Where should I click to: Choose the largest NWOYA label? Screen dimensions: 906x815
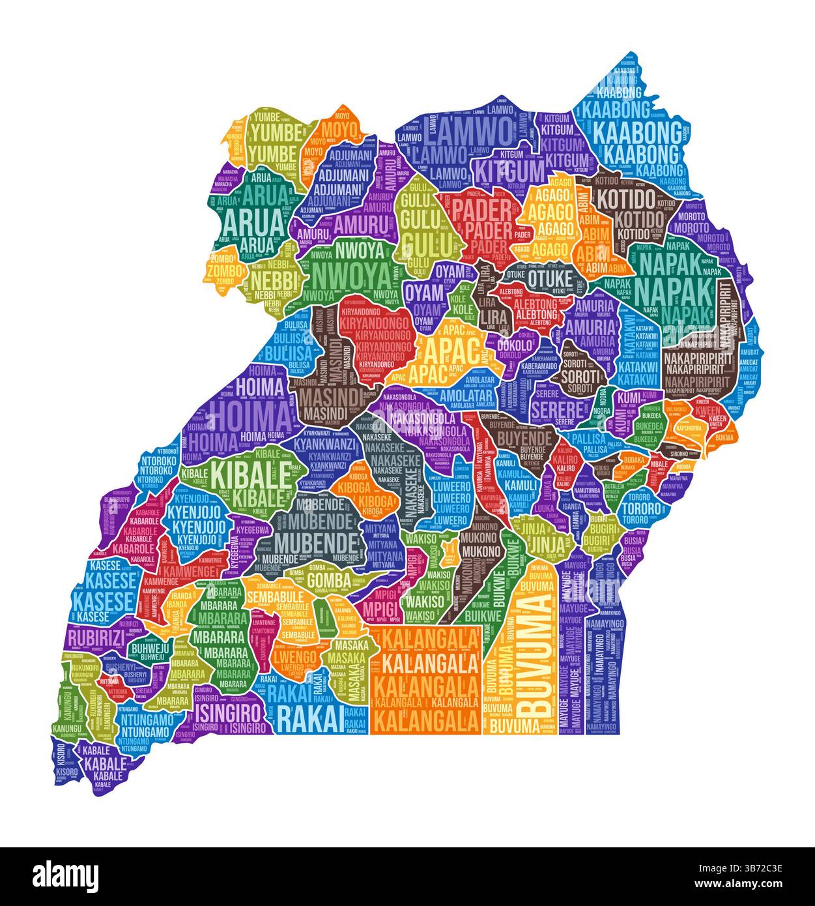pos(352,276)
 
